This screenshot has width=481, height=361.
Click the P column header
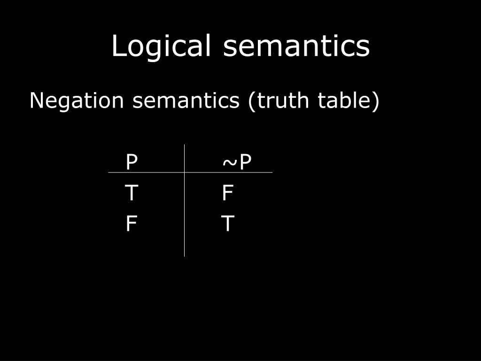pyautogui.click(x=132, y=162)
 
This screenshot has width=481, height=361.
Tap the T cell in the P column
pyautogui.click(x=132, y=193)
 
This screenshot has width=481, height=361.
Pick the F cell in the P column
pyautogui.click(x=132, y=224)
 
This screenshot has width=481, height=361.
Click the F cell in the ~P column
pyautogui.click(x=228, y=193)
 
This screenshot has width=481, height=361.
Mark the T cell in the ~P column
pyautogui.click(x=228, y=224)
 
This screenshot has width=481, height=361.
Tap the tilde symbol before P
pyautogui.click(x=229, y=163)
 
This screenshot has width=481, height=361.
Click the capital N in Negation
pyautogui.click(x=37, y=101)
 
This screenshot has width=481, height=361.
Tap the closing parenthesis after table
pyautogui.click(x=375, y=102)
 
